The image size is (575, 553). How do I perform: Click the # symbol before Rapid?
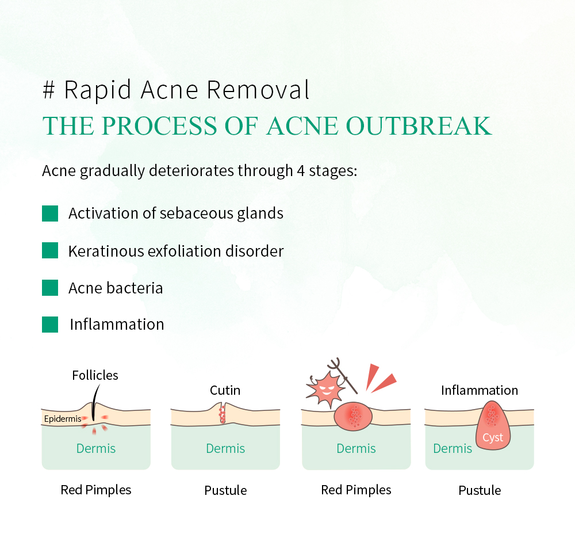(x=49, y=90)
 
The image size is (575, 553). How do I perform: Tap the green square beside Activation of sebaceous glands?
(x=50, y=213)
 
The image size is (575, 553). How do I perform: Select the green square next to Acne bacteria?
(x=50, y=288)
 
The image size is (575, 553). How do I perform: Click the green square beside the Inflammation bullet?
(x=50, y=325)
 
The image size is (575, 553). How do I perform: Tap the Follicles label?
(x=95, y=376)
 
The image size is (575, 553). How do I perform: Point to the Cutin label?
(x=225, y=391)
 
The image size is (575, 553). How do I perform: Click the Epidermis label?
(x=63, y=419)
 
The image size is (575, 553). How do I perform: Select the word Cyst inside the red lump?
(x=493, y=438)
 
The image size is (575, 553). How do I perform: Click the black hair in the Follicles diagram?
(x=93, y=402)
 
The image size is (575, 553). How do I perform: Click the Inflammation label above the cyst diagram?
(x=479, y=391)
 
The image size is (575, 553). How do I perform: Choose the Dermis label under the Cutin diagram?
(x=225, y=449)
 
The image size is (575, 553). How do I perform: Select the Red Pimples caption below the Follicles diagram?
(x=96, y=490)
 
